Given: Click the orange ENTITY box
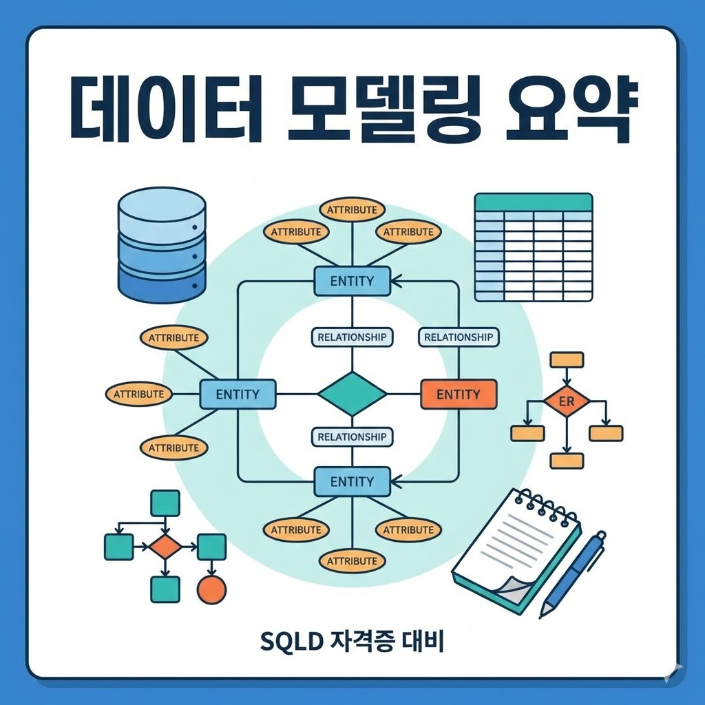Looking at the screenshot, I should (458, 394).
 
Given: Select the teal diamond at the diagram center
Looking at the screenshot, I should (352, 394).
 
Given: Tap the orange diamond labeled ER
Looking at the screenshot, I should (567, 401).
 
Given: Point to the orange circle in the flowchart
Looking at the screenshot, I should (211, 589).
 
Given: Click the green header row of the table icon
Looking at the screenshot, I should (534, 202).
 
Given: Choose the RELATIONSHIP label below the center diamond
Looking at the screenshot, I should (352, 436).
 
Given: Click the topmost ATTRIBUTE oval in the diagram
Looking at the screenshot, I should (352, 209).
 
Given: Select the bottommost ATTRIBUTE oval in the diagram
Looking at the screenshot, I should (352, 561).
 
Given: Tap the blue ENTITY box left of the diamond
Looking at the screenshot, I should (238, 394).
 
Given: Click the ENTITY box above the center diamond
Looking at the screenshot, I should (352, 281).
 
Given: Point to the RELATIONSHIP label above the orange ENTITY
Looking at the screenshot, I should (458, 337).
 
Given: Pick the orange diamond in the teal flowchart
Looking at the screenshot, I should (165, 547).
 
